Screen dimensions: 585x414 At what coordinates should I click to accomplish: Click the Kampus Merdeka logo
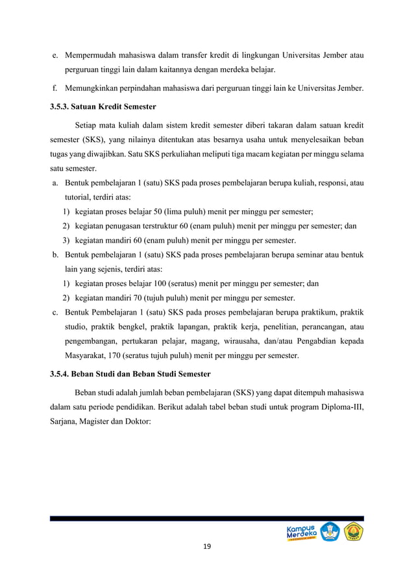click(302, 533)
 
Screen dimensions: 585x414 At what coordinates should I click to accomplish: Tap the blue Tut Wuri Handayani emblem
click(330, 532)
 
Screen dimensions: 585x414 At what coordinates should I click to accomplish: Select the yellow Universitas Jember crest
click(354, 532)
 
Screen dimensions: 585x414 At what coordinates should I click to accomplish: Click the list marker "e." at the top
click(56, 55)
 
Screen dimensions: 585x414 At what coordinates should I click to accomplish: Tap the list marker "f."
click(56, 89)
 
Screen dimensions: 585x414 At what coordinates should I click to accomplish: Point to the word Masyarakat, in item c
click(87, 355)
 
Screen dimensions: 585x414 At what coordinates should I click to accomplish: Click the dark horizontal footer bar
click(207, 518)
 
